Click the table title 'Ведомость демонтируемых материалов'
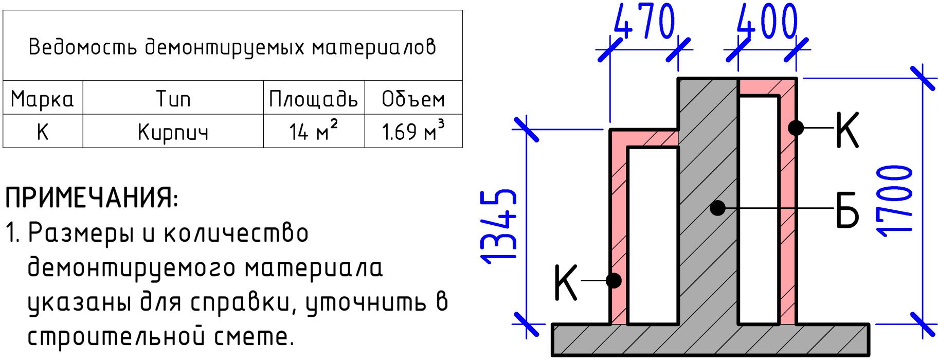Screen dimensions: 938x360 232,47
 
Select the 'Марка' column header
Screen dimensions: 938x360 42,99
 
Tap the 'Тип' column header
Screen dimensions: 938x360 173,99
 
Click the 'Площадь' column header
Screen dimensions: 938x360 313,99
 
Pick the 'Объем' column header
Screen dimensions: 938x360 413,99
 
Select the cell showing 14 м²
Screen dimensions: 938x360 313,130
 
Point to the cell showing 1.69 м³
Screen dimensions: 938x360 413,130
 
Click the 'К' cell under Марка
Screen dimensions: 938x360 43,132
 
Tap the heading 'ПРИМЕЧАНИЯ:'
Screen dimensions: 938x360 92,198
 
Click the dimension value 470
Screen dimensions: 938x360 644,22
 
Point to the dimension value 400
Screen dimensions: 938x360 767,22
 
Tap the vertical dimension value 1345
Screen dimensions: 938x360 498,227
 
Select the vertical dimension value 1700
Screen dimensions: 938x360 895,201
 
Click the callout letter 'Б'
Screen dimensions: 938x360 847,209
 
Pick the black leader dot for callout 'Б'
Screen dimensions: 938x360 717,208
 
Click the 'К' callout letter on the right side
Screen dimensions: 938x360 847,130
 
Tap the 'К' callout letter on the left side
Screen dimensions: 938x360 566,282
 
